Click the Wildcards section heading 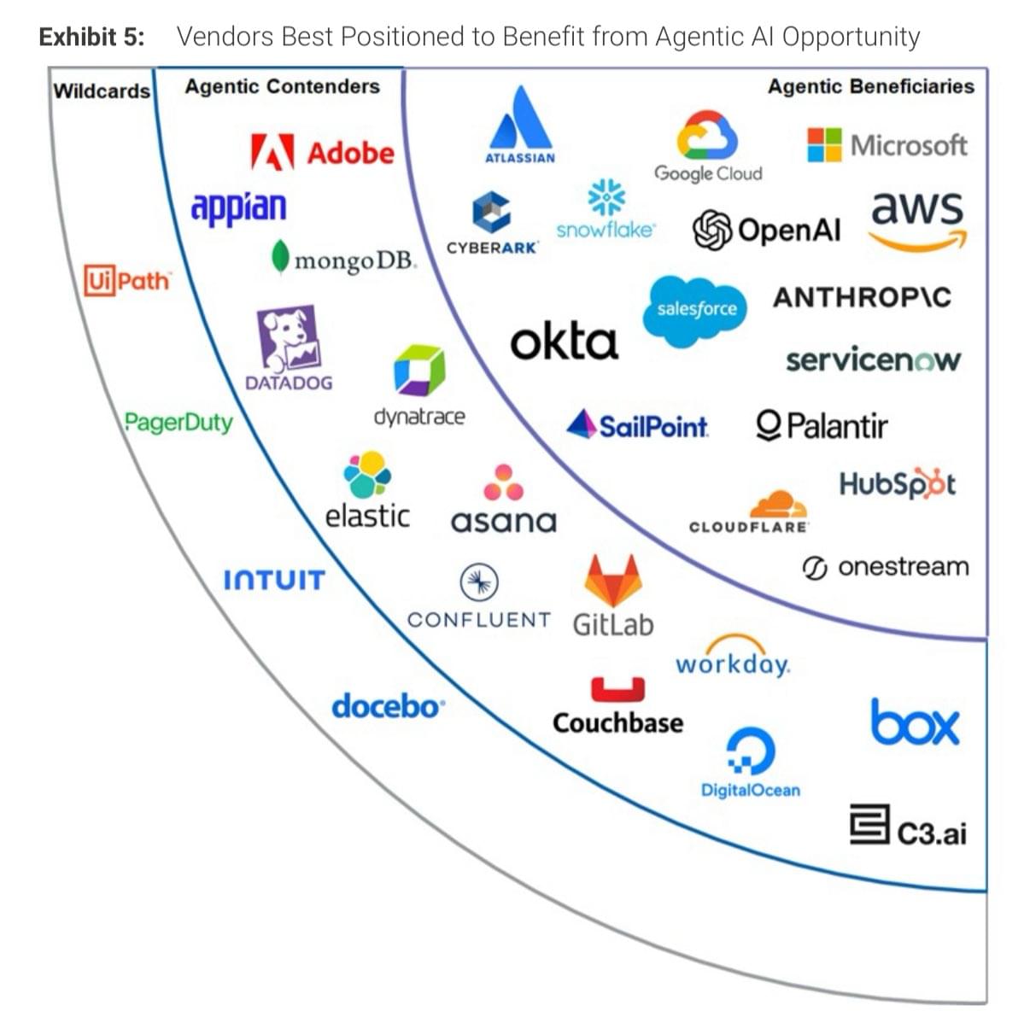102,91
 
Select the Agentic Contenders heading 282,86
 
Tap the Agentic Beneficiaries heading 870,86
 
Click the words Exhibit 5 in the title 92,37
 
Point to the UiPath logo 127,280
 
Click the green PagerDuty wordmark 178,423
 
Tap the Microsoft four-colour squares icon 823,144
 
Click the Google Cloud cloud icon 707,135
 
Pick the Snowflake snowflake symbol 606,197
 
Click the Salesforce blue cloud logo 695,310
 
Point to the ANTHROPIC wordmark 862,298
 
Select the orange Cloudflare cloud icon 779,505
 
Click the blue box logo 915,722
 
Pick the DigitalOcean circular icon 751,751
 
